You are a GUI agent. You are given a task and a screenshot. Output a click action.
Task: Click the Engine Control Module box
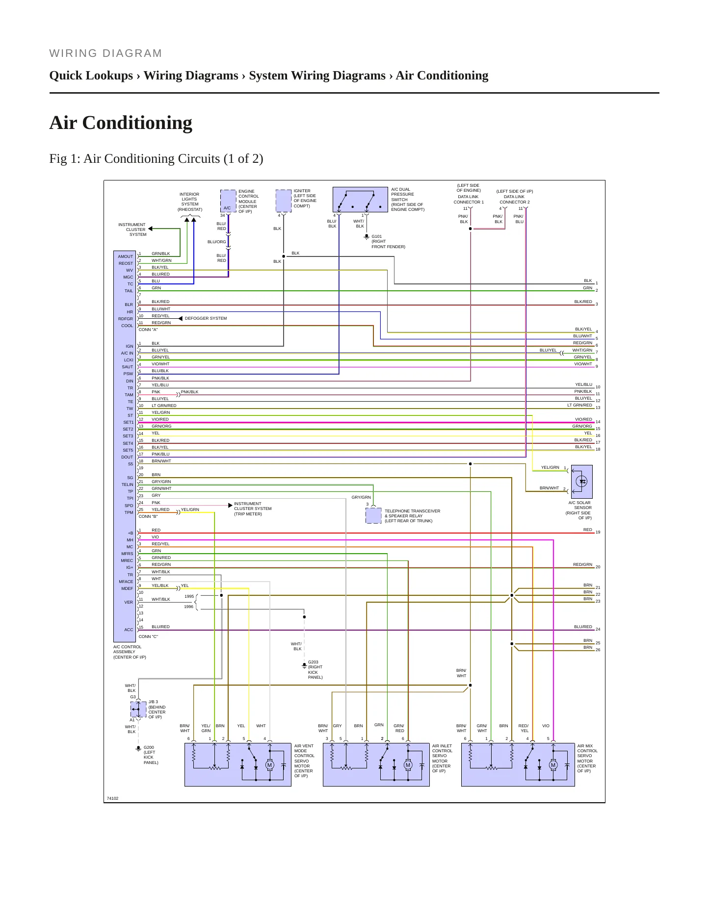coord(228,201)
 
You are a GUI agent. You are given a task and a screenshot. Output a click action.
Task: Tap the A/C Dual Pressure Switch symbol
coord(360,200)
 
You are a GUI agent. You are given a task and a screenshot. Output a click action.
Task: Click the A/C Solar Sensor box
coord(582,482)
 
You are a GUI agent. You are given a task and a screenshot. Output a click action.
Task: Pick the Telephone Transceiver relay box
coord(373,515)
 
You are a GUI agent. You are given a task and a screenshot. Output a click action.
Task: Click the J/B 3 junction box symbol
coord(138,709)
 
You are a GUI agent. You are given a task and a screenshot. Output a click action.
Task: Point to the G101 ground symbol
coord(366,237)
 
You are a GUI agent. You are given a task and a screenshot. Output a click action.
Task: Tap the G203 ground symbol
coord(304,665)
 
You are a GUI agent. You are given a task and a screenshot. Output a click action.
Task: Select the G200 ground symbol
coord(138,748)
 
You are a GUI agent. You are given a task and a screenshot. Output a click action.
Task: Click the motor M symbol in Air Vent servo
coord(269,765)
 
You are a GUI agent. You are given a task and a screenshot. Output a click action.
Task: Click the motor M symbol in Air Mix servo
coord(553,765)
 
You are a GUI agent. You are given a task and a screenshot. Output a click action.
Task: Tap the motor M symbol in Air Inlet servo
coord(408,765)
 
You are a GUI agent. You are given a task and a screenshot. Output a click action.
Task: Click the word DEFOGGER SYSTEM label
coord(206,318)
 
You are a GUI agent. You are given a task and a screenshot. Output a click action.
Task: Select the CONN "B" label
coord(148,516)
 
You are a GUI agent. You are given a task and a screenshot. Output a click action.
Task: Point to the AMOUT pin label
coord(125,256)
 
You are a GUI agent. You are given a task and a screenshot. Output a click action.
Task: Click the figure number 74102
coord(112,798)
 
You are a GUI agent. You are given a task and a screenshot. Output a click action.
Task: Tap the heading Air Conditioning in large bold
coord(121,123)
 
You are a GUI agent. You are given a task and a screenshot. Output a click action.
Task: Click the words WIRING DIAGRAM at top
coord(105,53)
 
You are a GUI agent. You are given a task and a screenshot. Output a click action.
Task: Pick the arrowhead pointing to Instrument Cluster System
coord(150,229)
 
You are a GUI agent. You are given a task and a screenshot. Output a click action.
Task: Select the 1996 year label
coord(189,607)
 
